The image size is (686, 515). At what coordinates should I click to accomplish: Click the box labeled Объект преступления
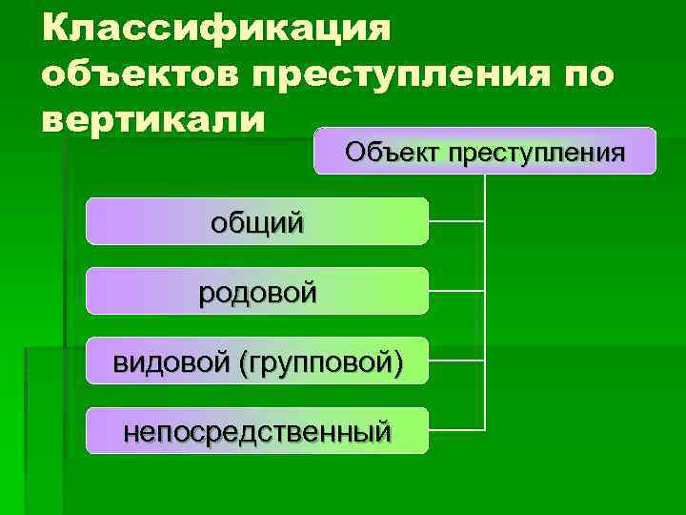pyautogui.click(x=485, y=151)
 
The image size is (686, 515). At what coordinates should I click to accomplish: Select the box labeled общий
pyautogui.click(x=257, y=221)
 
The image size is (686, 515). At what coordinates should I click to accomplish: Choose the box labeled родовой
pyautogui.click(x=257, y=291)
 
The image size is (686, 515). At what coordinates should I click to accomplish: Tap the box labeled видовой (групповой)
pyautogui.click(x=257, y=360)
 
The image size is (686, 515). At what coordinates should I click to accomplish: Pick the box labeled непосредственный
pyautogui.click(x=257, y=430)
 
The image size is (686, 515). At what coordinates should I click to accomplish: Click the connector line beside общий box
pyautogui.click(x=457, y=221)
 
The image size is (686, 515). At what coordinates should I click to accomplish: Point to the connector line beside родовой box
pyautogui.click(x=457, y=291)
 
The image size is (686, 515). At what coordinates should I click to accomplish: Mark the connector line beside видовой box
pyautogui.click(x=457, y=360)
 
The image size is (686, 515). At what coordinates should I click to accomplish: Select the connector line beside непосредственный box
pyautogui.click(x=457, y=429)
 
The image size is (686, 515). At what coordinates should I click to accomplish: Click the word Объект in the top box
pyautogui.click(x=390, y=152)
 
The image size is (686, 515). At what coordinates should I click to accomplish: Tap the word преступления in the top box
pyautogui.click(x=533, y=152)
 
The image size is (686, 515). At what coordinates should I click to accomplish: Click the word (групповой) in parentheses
pyautogui.click(x=321, y=361)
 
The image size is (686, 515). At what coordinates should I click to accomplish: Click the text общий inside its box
pyautogui.click(x=257, y=222)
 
